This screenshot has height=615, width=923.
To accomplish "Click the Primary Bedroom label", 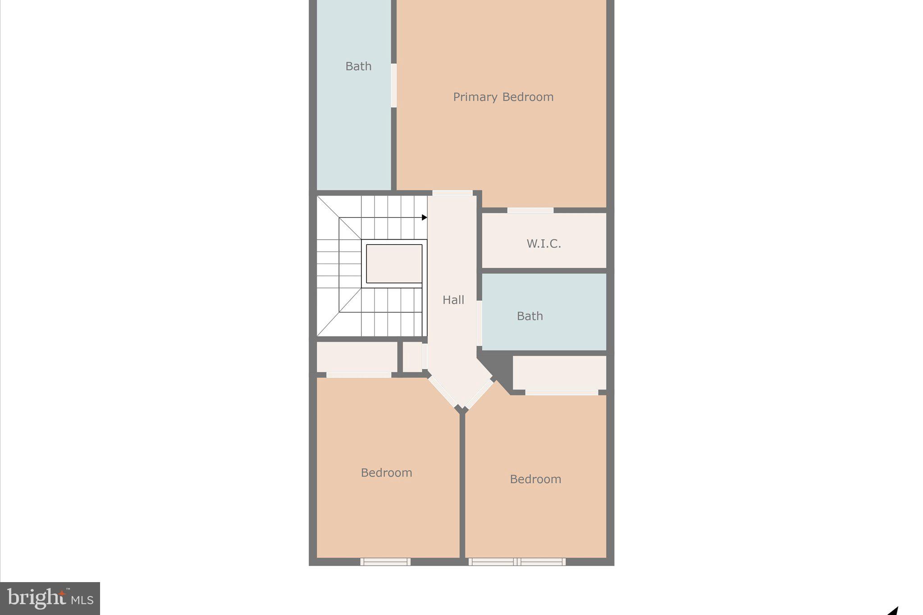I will click(x=503, y=97).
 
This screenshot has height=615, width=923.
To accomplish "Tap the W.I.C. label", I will click(x=544, y=244).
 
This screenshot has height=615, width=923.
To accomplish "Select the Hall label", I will click(x=453, y=300).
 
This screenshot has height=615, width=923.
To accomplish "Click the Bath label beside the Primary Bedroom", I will click(x=358, y=66).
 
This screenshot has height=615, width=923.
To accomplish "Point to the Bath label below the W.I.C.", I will click(x=530, y=316).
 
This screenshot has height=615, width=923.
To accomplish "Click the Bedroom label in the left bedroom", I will click(x=386, y=473).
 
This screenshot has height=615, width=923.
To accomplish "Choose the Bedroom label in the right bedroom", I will click(x=535, y=479).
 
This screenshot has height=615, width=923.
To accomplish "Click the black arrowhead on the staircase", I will click(x=424, y=218).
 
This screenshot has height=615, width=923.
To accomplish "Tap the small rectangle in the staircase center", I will click(x=394, y=264).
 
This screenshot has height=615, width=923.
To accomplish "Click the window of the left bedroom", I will click(x=385, y=562).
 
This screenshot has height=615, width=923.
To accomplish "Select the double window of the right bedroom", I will click(x=517, y=562).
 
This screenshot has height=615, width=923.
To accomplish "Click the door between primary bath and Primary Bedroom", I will click(x=393, y=86).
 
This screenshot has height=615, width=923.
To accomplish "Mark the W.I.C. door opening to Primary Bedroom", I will click(x=530, y=210).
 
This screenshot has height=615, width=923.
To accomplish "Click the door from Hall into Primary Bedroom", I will click(x=452, y=193).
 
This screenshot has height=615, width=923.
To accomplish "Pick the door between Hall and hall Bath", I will click(x=480, y=323).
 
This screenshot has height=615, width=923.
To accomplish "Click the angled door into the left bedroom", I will click(x=443, y=392).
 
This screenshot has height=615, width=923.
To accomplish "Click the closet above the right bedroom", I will click(x=559, y=373).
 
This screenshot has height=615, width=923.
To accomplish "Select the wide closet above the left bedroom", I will click(x=356, y=357).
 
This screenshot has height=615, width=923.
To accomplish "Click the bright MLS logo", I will click(x=50, y=598).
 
